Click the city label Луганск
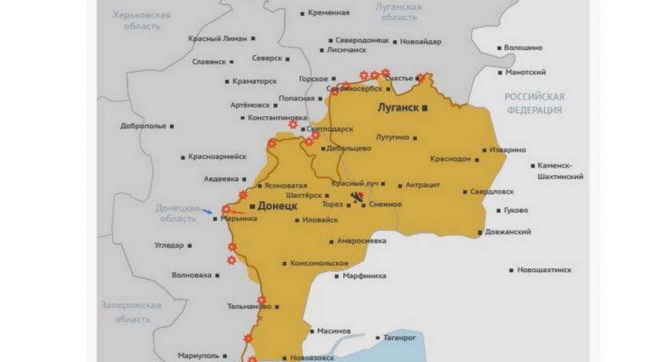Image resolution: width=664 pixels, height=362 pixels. click(x=397, y=108)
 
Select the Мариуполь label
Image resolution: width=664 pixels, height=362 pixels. click(x=198, y=355)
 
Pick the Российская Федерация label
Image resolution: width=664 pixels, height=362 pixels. click(x=534, y=103)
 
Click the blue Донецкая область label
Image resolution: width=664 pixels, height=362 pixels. click(x=178, y=213)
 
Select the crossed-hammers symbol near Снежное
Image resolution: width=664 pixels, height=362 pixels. click(x=356, y=200)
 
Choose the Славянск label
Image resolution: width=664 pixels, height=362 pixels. click(x=209, y=61)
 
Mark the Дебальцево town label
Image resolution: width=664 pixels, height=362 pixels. click(x=349, y=148)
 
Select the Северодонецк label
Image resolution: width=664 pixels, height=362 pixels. click(x=361, y=41)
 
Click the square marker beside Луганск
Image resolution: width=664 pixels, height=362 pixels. click(x=425, y=108)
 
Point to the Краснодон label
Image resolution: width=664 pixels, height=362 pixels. click(x=451, y=158)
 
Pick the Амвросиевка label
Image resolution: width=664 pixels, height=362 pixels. click(x=361, y=240)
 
